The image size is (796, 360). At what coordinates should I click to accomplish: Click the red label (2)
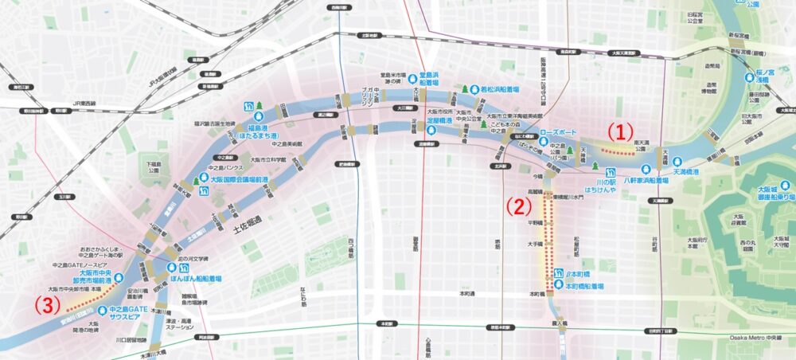point(518,206)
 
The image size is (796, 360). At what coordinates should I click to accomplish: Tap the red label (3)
point(47,303)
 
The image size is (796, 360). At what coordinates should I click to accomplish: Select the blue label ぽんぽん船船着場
point(196,280)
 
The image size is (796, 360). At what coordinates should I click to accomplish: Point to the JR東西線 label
point(78,103)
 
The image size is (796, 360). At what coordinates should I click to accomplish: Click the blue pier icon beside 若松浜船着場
point(474,89)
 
